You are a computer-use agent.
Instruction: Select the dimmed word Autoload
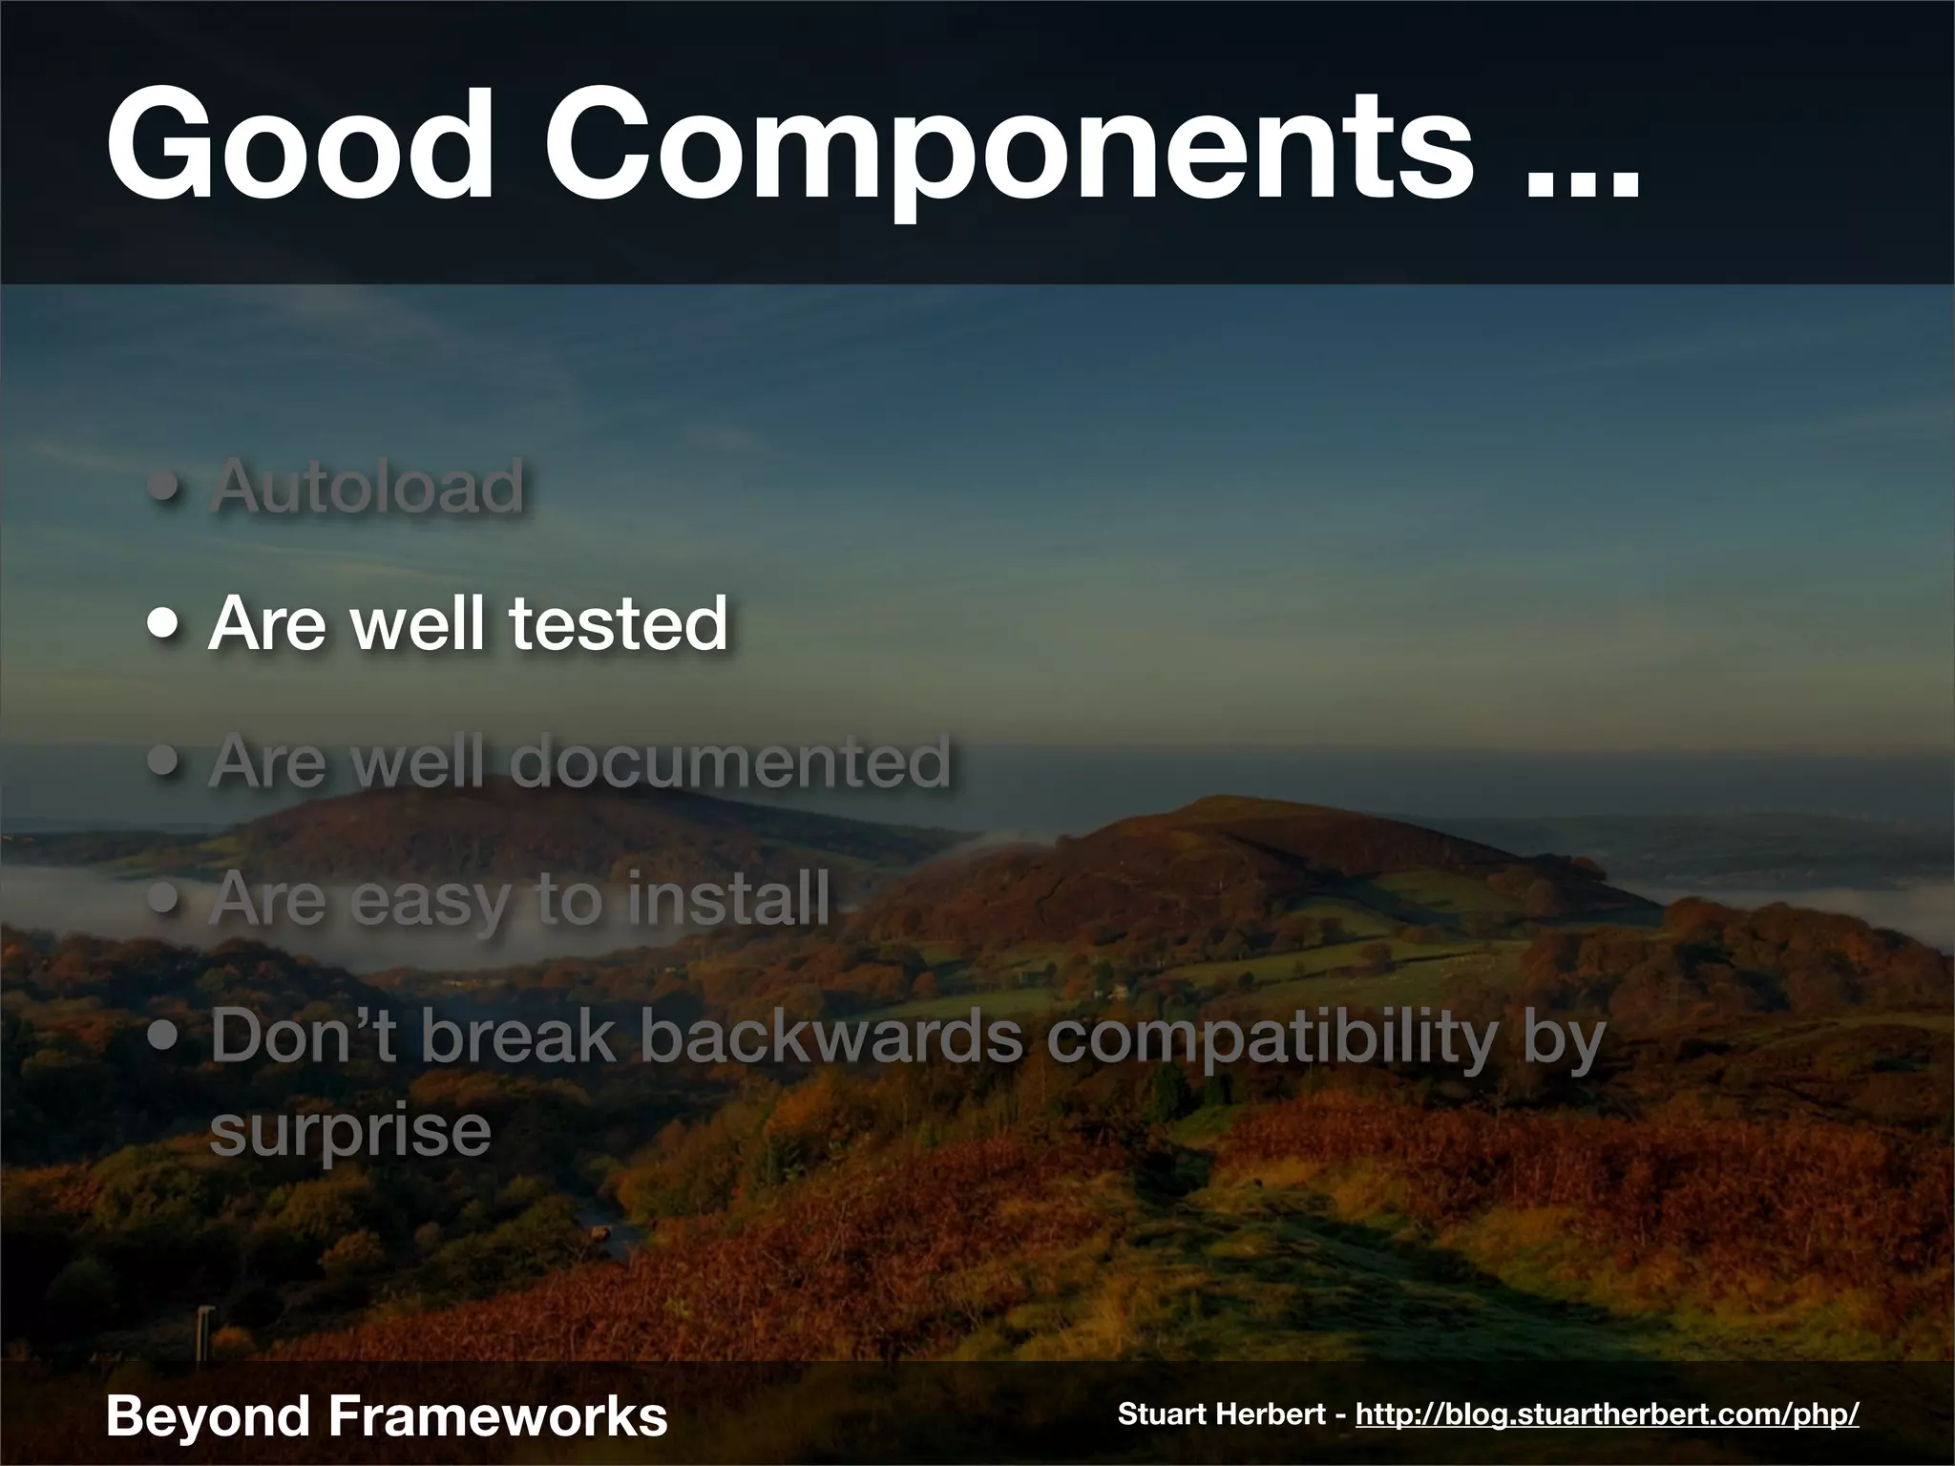pos(368,486)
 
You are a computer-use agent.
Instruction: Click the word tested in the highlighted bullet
pos(618,623)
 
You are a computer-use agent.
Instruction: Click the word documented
pos(729,761)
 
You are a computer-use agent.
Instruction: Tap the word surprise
pos(350,1132)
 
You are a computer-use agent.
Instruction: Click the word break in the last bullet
pos(519,1037)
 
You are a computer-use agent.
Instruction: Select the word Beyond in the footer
pos(207,1415)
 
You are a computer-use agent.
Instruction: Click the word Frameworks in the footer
pos(497,1415)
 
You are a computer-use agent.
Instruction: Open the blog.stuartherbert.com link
pos(1607,1414)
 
